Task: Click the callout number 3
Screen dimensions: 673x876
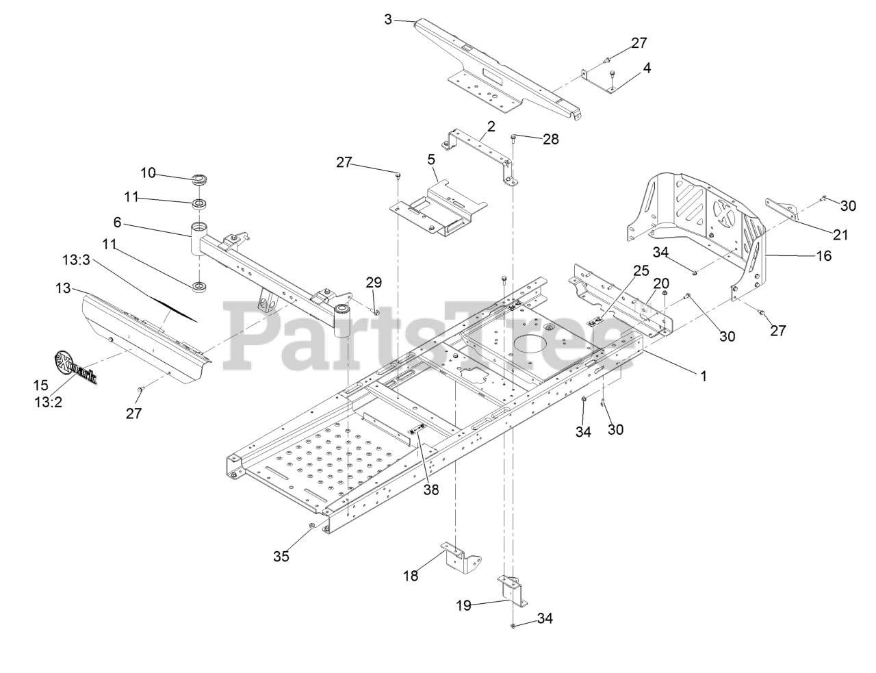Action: pos(388,19)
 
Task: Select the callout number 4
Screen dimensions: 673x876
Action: pos(647,68)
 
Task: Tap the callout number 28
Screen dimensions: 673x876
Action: pos(550,139)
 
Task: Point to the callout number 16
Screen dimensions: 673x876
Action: pos(823,256)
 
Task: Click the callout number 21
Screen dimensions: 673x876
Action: pos(840,235)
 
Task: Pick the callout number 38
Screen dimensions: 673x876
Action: pos(430,490)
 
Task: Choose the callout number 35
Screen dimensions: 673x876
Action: pos(281,556)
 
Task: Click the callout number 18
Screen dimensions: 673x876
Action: pos(410,576)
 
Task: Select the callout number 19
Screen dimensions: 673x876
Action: pos(464,605)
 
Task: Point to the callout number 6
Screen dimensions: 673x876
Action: pos(117,223)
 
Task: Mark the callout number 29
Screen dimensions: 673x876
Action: pos(374,282)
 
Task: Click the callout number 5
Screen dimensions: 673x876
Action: pos(430,160)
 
